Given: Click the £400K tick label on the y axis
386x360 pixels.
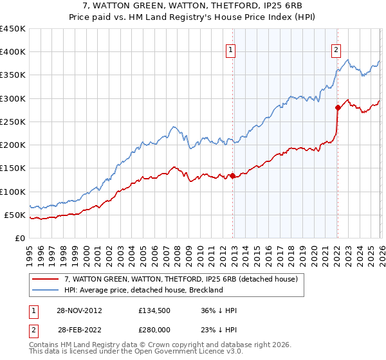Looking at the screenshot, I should point(13,52).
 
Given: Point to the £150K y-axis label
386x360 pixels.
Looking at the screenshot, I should point(13,168).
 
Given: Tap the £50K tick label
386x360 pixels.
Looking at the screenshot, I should point(15,215).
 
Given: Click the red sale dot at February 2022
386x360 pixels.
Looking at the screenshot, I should point(337,108).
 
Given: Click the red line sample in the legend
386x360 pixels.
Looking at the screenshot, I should point(46,280).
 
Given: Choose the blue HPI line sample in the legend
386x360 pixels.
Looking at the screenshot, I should point(46,290).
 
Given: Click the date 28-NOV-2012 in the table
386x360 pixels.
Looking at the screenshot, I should point(80,310).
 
